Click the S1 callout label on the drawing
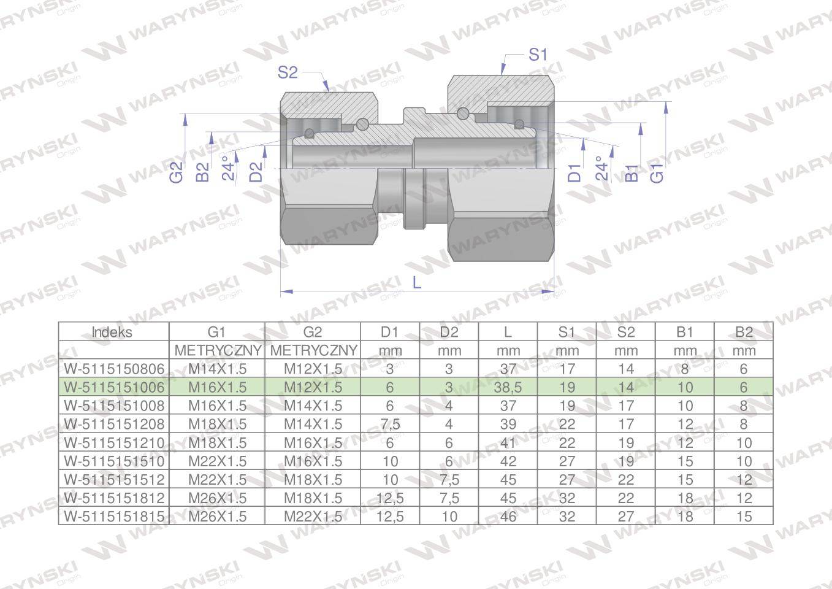pos(538,55)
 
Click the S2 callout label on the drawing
pos(288,72)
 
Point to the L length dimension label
pos(417,283)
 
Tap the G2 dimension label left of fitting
pos(177,172)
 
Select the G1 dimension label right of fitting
pos(657,173)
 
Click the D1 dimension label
pos(574,173)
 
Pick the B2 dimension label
pos(203,172)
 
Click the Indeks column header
pos(112,332)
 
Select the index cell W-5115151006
pos(114,387)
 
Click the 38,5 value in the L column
pos(508,387)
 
